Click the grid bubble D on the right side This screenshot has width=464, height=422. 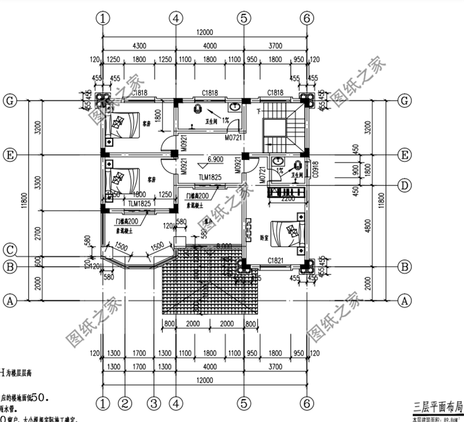(x=405, y=185)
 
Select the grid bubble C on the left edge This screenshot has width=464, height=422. (x=9, y=250)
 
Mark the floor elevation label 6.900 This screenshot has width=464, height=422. (x=216, y=159)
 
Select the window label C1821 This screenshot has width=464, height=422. (x=275, y=261)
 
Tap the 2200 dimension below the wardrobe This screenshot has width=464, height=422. (x=288, y=200)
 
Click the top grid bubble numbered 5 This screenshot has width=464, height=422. (x=244, y=19)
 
